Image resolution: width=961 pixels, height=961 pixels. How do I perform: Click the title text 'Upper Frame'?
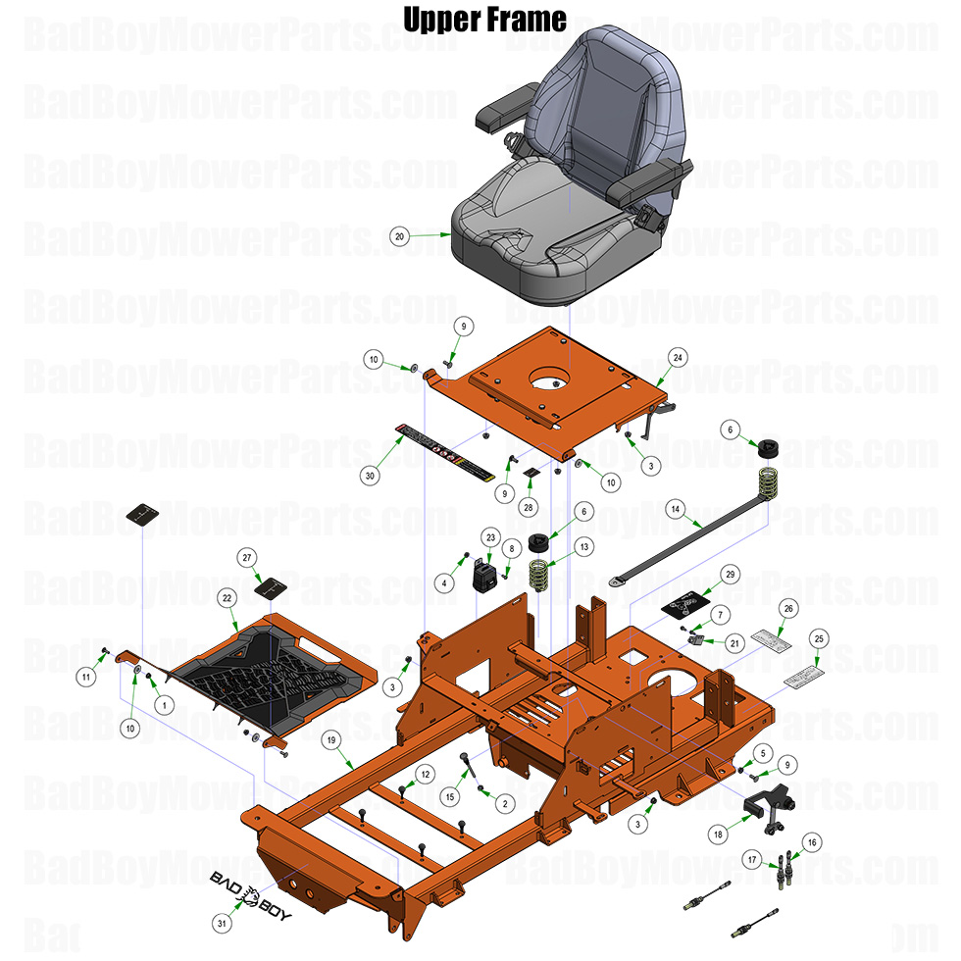pos(485,19)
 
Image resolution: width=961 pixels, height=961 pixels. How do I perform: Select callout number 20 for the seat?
pos(398,235)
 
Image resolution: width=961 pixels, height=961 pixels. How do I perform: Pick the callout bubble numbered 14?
pos(675,509)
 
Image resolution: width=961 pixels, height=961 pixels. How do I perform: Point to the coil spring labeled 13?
pos(538,574)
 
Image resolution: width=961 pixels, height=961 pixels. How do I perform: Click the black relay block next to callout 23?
pos(485,575)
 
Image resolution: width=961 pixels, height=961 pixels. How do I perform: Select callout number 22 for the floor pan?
pos(227,597)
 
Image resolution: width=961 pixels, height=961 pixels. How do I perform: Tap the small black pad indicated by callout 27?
pos(270,589)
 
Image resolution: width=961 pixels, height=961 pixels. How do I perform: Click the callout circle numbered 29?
pos(730,573)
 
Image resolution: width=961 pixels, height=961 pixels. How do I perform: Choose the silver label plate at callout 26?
pos(772,641)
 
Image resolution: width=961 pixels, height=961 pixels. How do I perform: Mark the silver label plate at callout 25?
pos(804,677)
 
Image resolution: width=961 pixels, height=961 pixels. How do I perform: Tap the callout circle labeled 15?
pos(450,797)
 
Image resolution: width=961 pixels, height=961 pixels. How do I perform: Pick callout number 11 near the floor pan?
pos(86,676)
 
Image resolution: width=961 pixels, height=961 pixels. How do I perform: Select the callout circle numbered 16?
pos(811,841)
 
